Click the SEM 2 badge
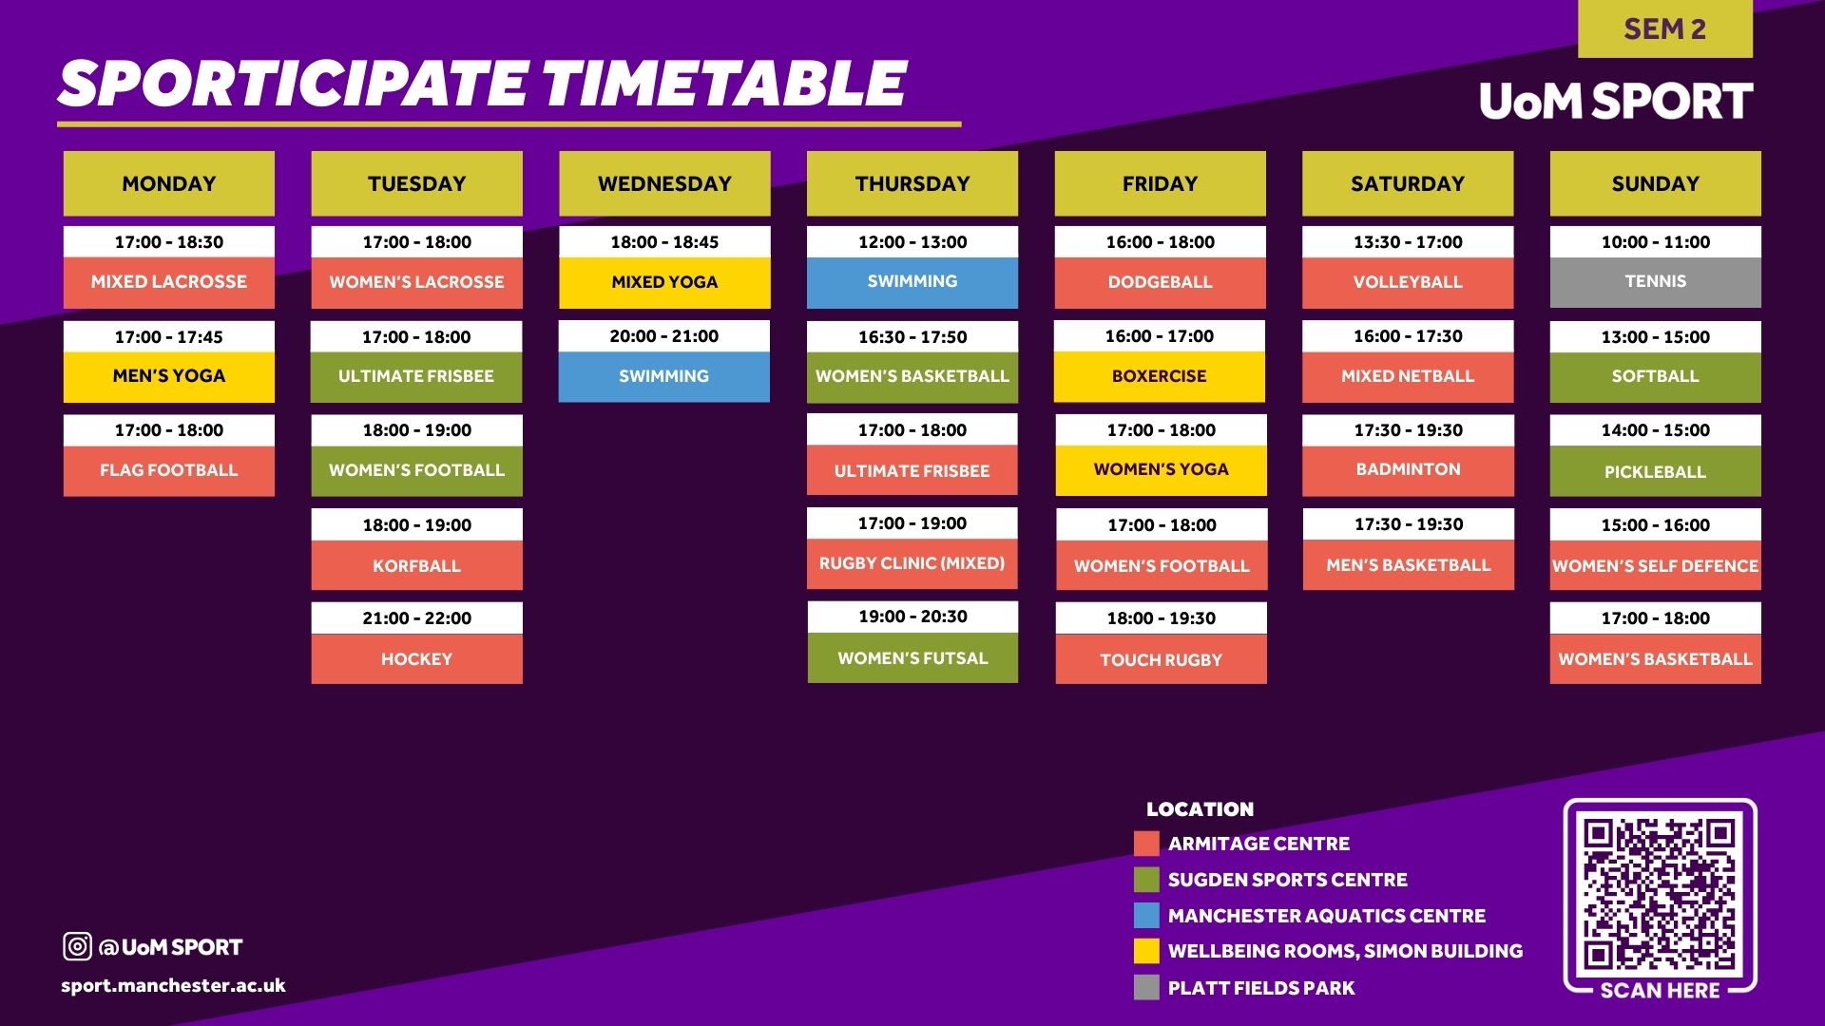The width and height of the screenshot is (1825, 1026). (1664, 28)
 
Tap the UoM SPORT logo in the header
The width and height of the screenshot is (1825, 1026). (1616, 101)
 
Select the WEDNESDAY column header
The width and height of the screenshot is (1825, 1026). (664, 183)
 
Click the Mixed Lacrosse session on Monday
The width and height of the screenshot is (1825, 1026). (169, 282)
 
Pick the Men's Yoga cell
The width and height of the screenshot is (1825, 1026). (169, 376)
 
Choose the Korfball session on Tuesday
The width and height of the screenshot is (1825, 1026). (416, 565)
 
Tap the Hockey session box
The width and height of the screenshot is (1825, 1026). (416, 658)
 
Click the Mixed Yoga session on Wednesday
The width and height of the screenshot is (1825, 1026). (664, 282)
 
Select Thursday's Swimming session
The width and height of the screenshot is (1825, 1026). (912, 282)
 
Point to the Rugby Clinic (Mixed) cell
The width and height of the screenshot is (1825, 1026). (912, 563)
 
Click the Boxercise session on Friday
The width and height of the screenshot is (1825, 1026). (1160, 376)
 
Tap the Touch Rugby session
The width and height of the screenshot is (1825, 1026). (1161, 659)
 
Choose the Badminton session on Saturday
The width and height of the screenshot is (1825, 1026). (1408, 470)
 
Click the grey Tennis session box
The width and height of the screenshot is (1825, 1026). (1655, 282)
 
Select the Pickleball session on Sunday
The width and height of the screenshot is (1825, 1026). (1655, 471)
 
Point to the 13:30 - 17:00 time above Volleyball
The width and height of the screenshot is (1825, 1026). (1408, 242)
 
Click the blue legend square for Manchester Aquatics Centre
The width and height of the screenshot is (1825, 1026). (1146, 916)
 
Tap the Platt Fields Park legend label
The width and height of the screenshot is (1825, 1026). (1261, 988)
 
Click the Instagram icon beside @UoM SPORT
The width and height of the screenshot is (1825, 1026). (77, 946)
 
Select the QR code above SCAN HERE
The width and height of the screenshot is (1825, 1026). (1660, 893)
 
